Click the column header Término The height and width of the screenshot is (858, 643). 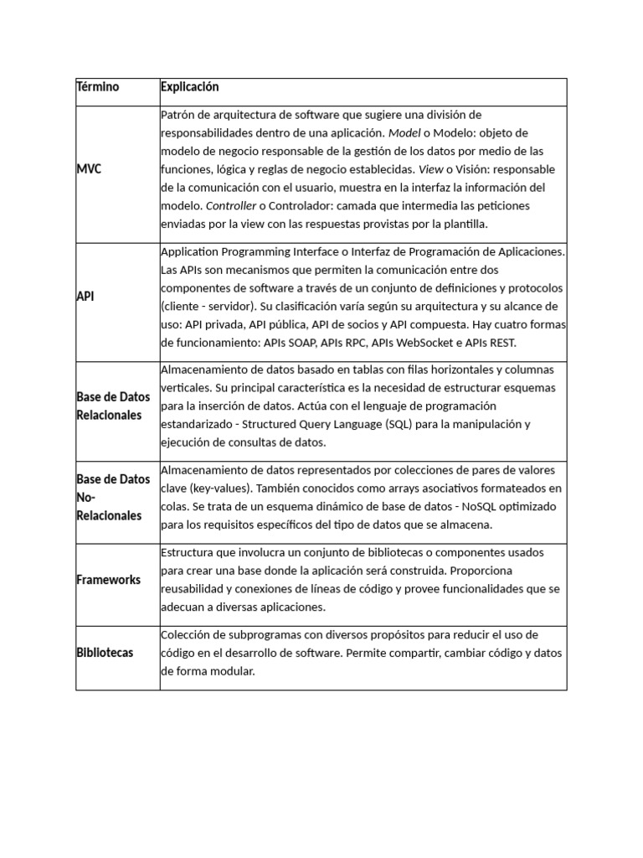pos(98,87)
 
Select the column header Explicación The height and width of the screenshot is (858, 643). pos(189,87)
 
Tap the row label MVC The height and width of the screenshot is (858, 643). pos(89,168)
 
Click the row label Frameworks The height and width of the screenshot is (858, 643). pos(108,580)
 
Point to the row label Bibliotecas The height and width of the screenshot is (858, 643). pos(105,653)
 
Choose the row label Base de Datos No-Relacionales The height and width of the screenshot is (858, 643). pos(112,498)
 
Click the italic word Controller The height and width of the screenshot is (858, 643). pos(185,205)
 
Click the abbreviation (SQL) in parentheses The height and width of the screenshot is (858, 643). pos(404,424)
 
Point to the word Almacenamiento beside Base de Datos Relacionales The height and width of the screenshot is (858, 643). pos(203,370)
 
